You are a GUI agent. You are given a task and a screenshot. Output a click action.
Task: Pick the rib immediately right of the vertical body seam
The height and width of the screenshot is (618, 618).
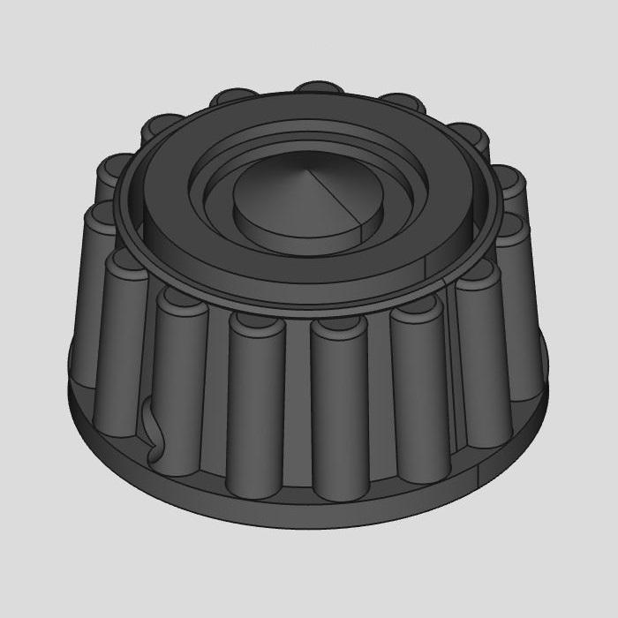[x=481, y=353]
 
